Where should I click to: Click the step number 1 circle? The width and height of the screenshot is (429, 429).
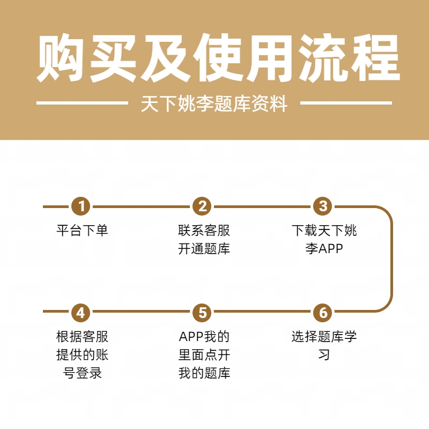(x=82, y=206)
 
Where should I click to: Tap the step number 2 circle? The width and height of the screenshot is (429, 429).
(x=202, y=206)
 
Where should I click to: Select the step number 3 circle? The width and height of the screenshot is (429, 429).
(x=323, y=206)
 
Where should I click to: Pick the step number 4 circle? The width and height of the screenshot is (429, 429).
(x=82, y=312)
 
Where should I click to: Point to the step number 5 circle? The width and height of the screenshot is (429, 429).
(x=202, y=312)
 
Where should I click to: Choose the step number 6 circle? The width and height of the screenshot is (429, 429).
(x=323, y=312)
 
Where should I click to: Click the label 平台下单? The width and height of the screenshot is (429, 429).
(x=82, y=231)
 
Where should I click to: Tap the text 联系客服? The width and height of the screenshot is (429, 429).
(x=204, y=231)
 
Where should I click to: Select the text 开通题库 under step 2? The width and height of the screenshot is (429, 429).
(x=204, y=249)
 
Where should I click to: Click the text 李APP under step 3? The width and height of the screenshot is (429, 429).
(x=324, y=249)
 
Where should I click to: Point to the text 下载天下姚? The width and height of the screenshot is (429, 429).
(x=324, y=231)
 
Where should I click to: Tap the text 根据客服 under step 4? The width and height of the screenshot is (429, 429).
(x=82, y=337)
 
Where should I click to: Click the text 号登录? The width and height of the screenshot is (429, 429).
(x=82, y=373)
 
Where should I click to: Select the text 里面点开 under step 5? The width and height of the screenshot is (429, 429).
(x=204, y=355)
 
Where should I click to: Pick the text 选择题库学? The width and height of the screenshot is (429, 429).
(x=324, y=337)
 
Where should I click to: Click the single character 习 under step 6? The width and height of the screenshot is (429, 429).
(x=324, y=355)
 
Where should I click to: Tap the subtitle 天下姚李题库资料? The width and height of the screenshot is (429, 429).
(x=214, y=103)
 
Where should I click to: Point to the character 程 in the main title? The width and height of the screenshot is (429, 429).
(x=372, y=59)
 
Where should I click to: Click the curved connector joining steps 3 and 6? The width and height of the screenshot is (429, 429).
(x=391, y=259)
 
